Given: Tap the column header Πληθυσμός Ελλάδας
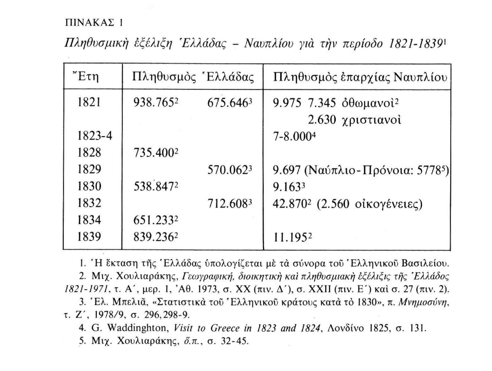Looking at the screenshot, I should pyautogui.click(x=193, y=77).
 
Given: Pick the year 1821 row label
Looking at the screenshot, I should pyautogui.click(x=89, y=102).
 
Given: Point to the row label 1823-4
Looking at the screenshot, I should pyautogui.click(x=95, y=136).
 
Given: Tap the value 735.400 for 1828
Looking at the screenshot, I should pyautogui.click(x=154, y=153).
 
